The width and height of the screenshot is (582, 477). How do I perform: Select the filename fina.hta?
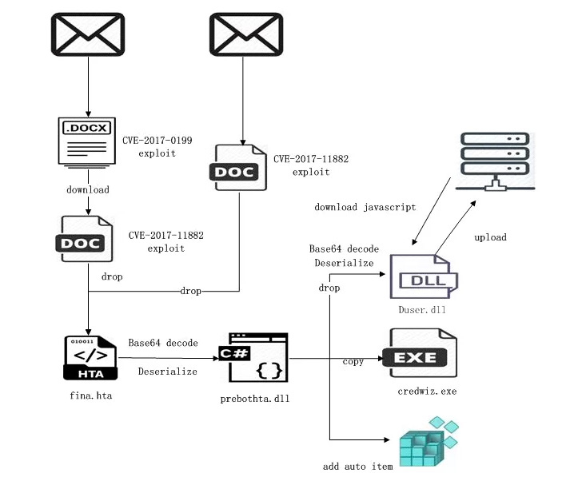point(88,396)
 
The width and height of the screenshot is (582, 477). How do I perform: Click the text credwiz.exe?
point(426,391)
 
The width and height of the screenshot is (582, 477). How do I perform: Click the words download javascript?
point(365,208)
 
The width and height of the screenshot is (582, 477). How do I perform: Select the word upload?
point(490,237)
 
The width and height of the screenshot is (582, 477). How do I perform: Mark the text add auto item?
point(357,466)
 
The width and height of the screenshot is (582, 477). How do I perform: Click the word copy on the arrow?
point(353,362)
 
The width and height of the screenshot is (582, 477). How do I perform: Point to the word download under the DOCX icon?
point(87,190)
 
